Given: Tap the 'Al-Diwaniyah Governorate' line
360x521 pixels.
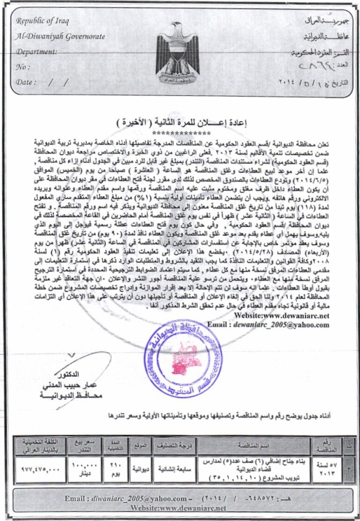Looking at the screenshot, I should [x=61, y=36].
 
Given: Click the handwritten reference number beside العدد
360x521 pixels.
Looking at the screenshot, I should [x=308, y=66].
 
